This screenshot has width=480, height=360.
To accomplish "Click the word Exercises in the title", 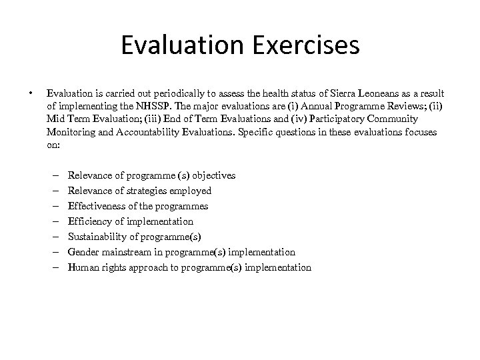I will click(303, 46).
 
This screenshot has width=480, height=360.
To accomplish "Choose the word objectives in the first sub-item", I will click(213, 175).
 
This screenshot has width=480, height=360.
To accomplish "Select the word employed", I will click(190, 191).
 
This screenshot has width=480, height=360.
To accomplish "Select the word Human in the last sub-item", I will click(83, 267).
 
